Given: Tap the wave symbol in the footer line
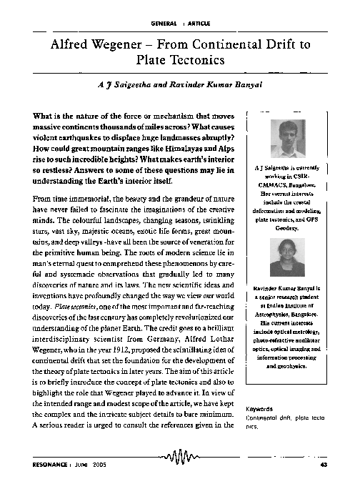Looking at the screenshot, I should tap(180, 458).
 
